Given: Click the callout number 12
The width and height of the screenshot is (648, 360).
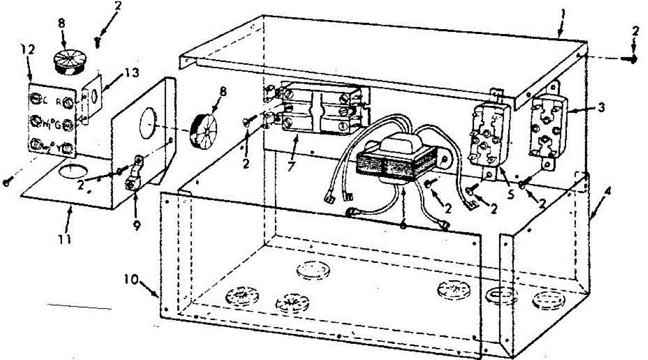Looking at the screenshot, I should [29, 50].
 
